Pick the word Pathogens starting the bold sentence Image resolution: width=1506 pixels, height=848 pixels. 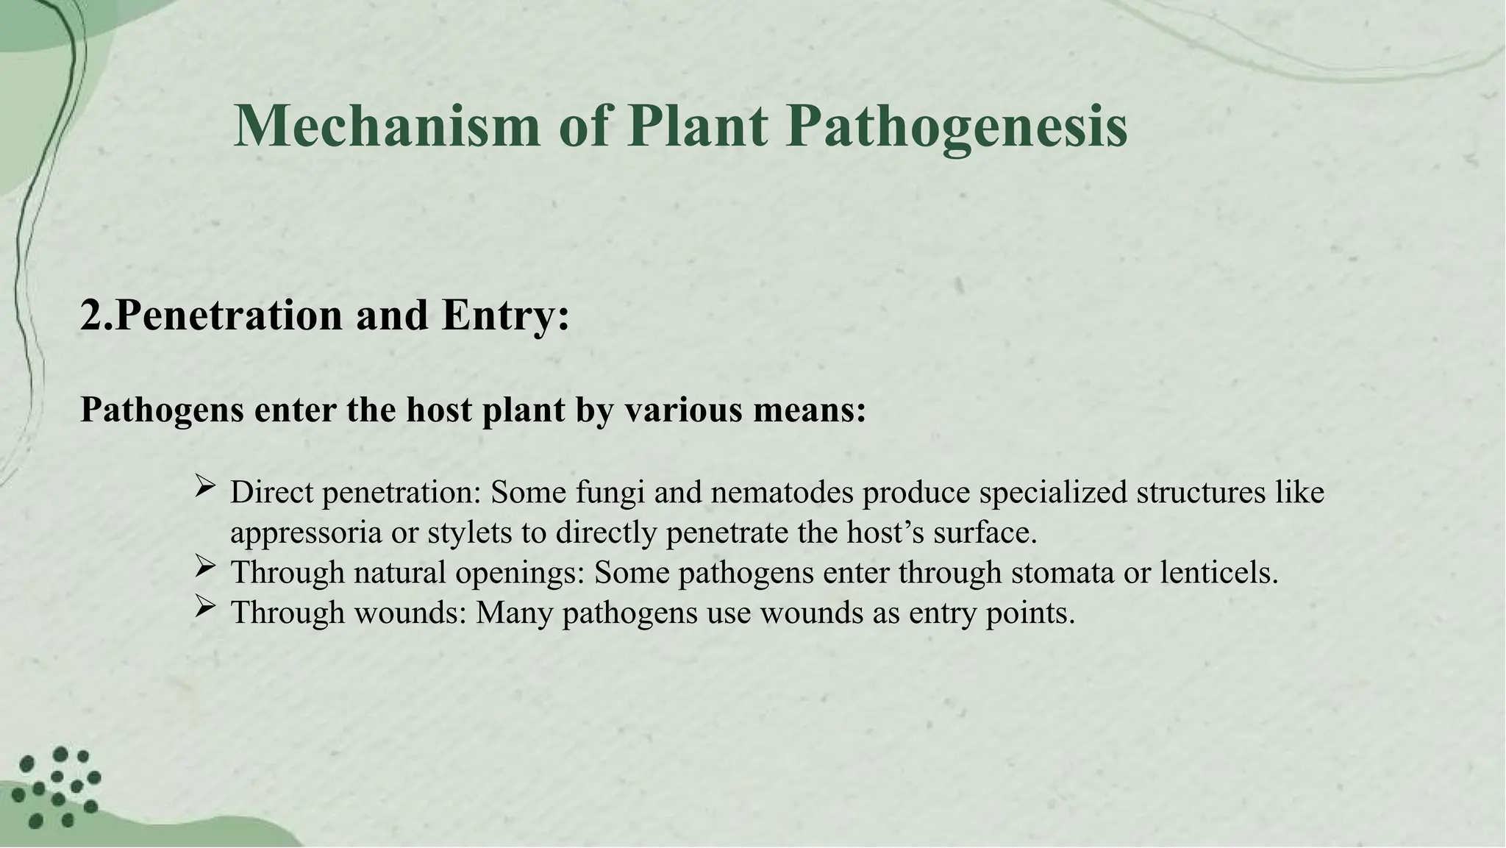pos(162,410)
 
